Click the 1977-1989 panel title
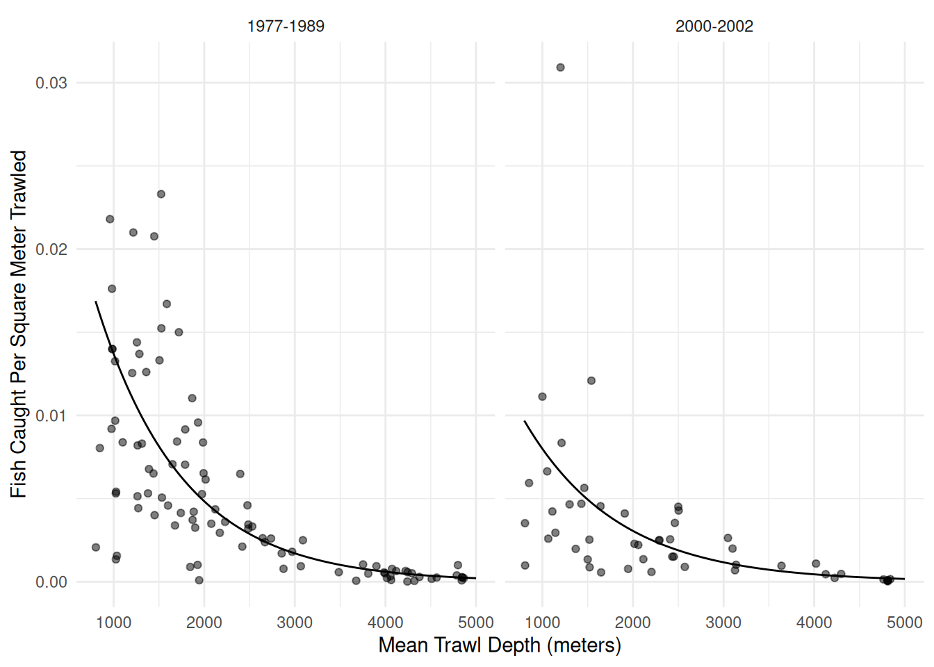286,26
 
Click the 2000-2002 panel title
714,26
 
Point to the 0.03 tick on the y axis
51,83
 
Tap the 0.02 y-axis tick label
51,249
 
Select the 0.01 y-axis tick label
51,415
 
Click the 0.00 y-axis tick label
51,582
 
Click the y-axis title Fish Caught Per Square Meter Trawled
19,324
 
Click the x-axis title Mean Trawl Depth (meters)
499,645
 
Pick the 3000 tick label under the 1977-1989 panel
295,623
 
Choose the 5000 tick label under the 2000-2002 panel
904,623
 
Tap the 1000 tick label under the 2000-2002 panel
542,623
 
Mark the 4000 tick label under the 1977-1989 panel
385,623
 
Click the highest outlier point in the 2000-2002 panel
560,67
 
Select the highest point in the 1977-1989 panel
161,195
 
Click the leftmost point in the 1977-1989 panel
96,547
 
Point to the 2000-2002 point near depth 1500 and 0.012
591,381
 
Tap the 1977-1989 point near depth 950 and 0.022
110,220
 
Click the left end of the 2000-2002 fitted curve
525,421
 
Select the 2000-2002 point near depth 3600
781,566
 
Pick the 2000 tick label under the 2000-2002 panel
632,623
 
